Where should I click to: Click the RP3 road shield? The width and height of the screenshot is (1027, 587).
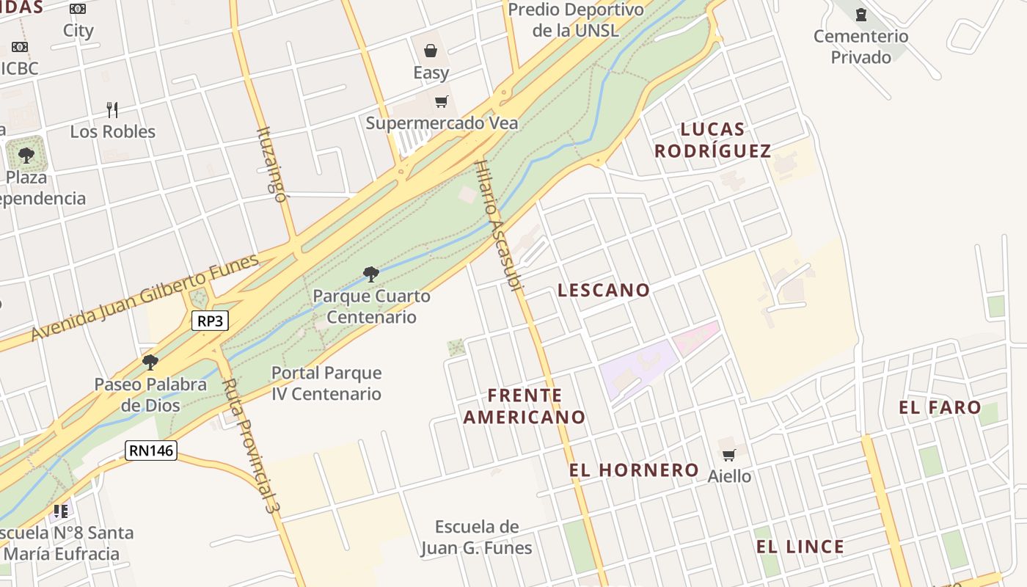[210, 321]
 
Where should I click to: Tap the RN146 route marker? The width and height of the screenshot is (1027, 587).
[151, 450]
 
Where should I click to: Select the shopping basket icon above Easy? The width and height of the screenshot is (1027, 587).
[431, 51]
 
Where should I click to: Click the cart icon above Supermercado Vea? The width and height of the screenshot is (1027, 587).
[441, 102]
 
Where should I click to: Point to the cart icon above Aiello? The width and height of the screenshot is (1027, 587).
[728, 455]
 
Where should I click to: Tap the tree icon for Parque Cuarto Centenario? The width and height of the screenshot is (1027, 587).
[371, 274]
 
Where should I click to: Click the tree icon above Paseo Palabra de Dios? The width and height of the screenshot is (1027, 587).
[150, 362]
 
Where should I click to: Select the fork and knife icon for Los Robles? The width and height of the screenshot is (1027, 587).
[112, 110]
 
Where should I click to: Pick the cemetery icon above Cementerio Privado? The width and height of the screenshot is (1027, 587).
[861, 14]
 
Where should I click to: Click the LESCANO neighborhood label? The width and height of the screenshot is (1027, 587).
[604, 290]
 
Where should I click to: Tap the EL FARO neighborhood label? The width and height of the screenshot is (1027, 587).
[940, 407]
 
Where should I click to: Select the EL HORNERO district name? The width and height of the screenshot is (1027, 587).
[634, 470]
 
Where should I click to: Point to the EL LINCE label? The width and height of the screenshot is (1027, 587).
[800, 547]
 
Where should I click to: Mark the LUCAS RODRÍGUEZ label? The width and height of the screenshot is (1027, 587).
[712, 140]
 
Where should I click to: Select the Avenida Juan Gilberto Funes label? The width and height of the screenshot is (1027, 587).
[145, 297]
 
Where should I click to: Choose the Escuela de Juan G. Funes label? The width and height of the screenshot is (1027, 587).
[476, 537]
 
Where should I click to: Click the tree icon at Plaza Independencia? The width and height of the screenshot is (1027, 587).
[26, 156]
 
